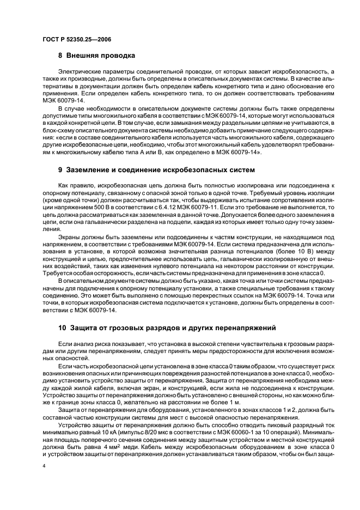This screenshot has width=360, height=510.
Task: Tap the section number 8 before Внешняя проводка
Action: tap(60, 56)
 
